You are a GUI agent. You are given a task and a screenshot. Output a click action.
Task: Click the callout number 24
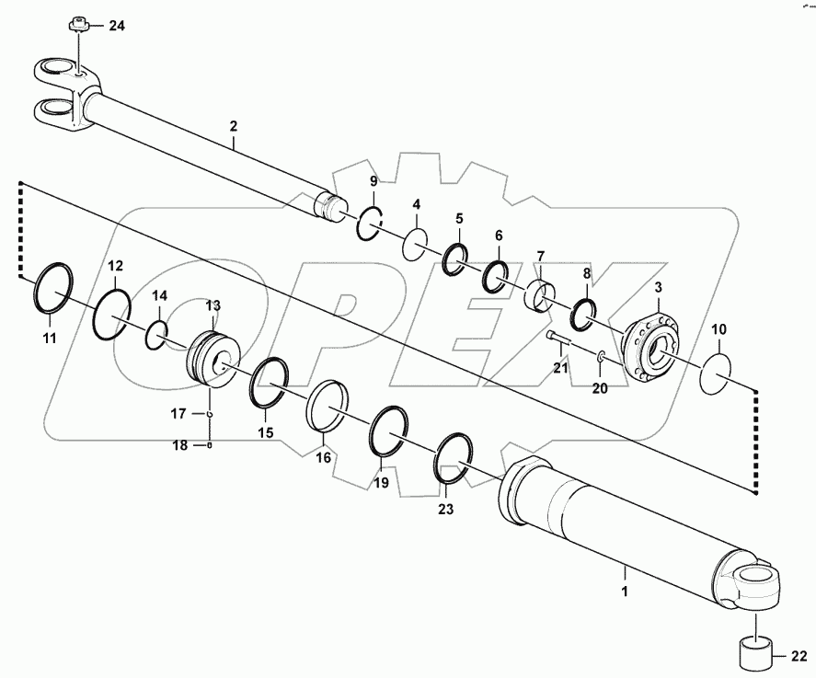(116, 25)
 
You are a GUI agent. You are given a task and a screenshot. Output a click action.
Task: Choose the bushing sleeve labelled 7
(540, 294)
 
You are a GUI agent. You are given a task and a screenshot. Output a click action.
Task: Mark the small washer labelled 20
(600, 357)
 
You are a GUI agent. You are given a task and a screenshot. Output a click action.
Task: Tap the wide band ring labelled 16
(329, 405)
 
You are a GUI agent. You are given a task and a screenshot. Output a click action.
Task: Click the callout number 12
(114, 266)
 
